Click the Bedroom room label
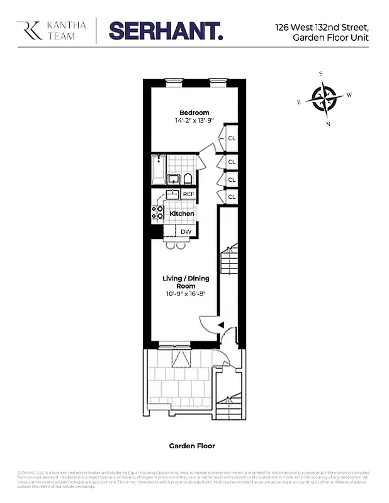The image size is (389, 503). pos(194,113)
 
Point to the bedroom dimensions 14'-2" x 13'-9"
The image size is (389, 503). pos(194,121)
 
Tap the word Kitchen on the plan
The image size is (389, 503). pos(182,214)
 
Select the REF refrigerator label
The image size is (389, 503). pos(188,194)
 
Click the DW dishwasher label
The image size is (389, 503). pos(186,232)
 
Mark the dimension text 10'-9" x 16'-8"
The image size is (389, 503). pos(185,293)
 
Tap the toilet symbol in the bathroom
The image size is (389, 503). pos(188,180)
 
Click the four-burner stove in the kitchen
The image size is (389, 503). pos(157,213)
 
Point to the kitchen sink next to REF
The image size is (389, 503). pos(171,194)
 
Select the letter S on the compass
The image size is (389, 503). pos(320,74)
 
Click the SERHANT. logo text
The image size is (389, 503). pos(166,30)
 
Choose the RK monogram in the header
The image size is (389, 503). pos(28,30)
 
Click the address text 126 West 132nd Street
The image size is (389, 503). pos(321,27)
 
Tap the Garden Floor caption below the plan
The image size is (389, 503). pos(192,446)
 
